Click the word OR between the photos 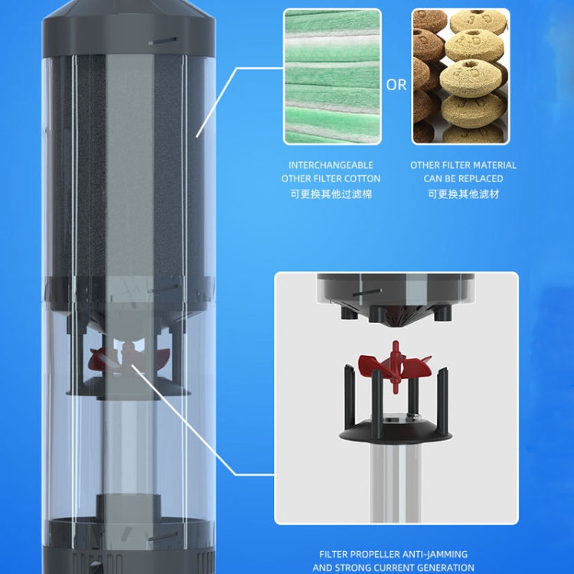(396, 85)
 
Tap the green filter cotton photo (331, 77)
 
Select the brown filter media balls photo (460, 77)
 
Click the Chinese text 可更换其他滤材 (463, 194)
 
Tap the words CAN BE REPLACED (463, 179)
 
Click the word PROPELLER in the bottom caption (377, 554)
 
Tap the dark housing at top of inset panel (396, 291)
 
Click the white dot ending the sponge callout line (197, 136)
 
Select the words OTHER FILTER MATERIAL (463, 165)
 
